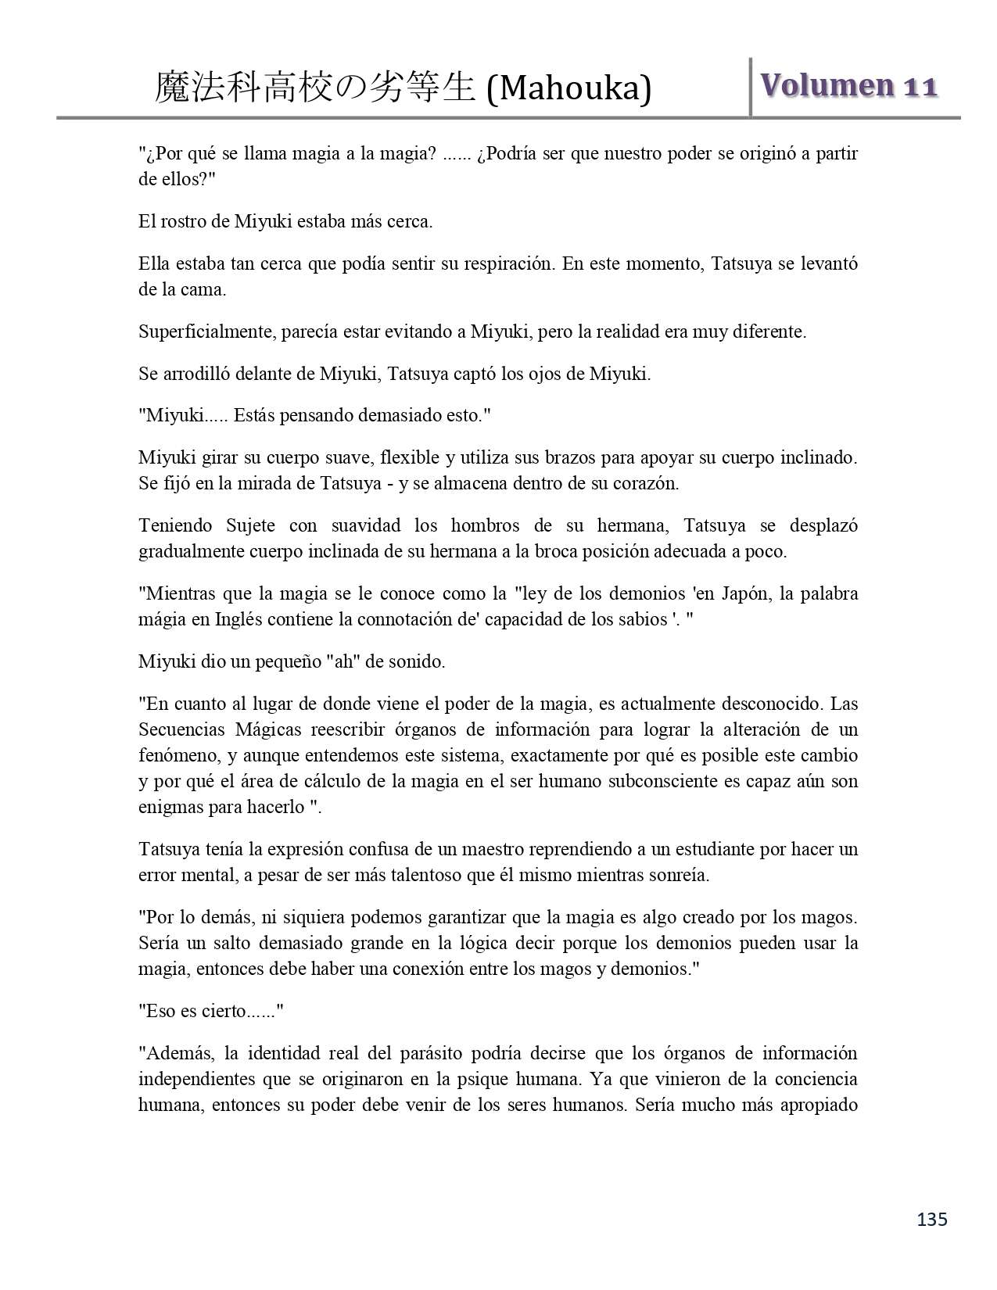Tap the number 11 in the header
coord(920,86)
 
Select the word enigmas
coord(170,807)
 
